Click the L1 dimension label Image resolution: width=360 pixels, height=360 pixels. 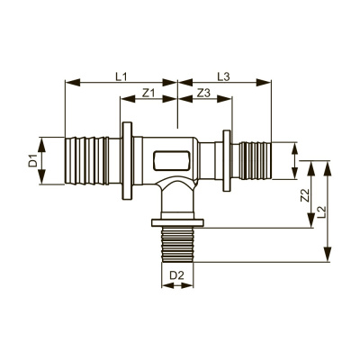(x=121, y=76)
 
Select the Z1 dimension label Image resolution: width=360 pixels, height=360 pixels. (x=148, y=93)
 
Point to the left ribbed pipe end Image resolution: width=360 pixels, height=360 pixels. (x=87, y=162)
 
